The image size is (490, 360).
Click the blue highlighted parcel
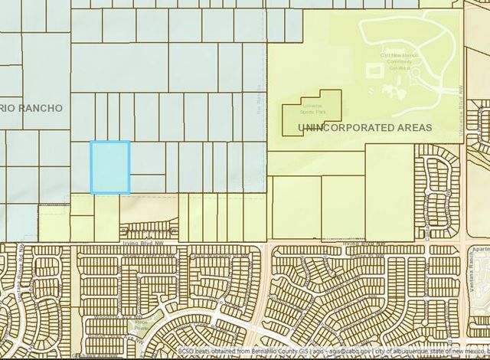(110, 167)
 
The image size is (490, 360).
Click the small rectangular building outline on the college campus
(374, 70)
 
